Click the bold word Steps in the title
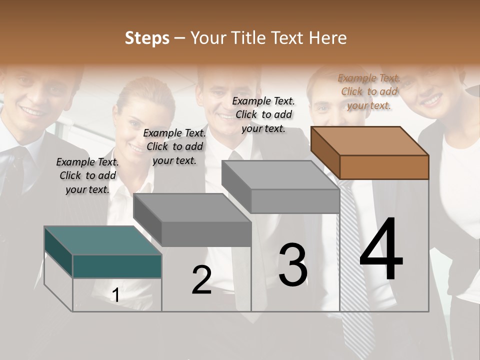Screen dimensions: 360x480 click(x=147, y=38)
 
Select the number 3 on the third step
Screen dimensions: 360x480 click(x=293, y=265)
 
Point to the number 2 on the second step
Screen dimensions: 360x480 click(x=201, y=280)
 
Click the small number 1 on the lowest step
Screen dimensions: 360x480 click(x=116, y=295)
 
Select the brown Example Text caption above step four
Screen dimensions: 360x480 click(x=369, y=91)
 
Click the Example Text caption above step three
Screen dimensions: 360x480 click(x=263, y=114)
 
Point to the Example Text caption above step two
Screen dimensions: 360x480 click(x=174, y=146)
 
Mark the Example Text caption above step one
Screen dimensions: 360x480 click(x=87, y=175)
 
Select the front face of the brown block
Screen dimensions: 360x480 click(x=384, y=167)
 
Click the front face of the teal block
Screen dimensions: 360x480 click(x=117, y=266)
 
